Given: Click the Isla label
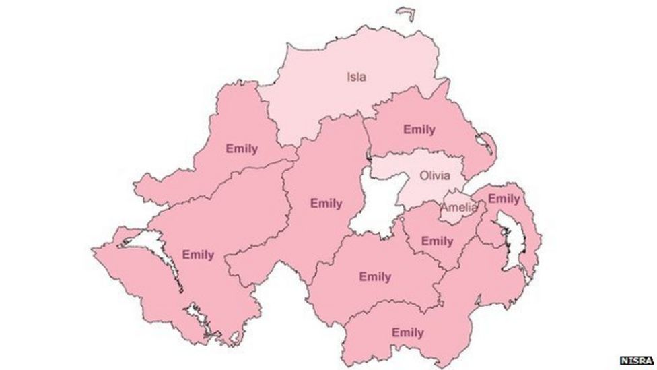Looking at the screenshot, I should pos(356,76).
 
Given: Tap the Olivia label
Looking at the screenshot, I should pos(434,175).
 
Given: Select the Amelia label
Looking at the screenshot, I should pos(458,208).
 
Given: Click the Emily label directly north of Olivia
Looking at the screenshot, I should pos(419,129).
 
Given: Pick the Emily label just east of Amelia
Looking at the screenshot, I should pos(504,199).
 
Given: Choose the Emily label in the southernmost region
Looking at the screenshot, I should pos(407,332).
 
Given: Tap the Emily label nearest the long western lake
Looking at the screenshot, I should pos(198,255).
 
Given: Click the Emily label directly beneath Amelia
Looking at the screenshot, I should pos(437,241).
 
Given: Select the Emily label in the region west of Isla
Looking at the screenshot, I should pos(242,148).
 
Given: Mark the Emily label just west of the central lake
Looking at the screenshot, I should pos(326,203).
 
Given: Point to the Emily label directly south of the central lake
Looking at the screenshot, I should pos(375,276).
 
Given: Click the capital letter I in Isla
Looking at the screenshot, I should pos(348,76).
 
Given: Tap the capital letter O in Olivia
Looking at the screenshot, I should pos(423,175).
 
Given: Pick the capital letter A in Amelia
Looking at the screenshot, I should pos(445,208).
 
